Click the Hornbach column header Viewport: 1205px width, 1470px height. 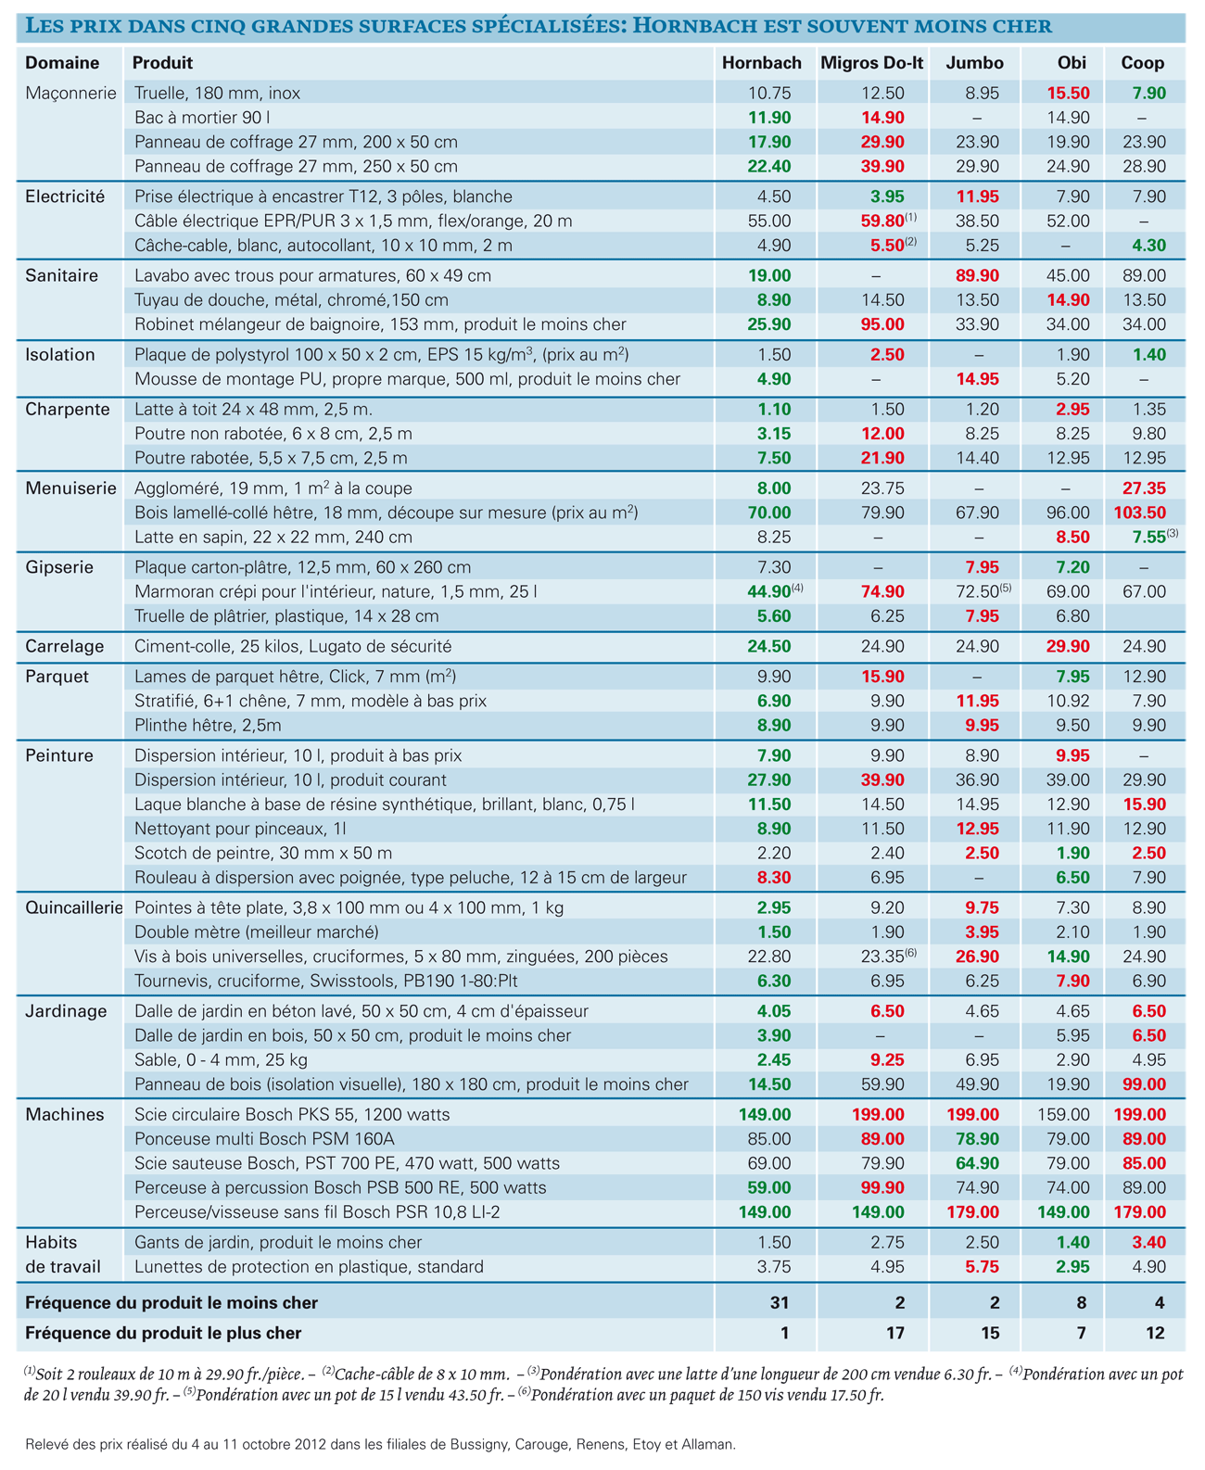click(761, 63)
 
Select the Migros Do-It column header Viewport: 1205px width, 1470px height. click(871, 63)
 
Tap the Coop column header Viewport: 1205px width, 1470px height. click(1142, 63)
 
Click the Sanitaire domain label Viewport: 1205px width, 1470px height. click(61, 275)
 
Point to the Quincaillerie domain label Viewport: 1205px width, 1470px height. click(74, 907)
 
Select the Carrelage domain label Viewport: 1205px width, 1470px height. click(64, 647)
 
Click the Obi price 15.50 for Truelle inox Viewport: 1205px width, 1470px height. click(1068, 93)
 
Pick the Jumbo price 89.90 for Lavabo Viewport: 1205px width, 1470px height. click(977, 275)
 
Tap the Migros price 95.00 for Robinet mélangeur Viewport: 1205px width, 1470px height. click(882, 324)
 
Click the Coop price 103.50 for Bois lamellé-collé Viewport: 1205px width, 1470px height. click(1139, 513)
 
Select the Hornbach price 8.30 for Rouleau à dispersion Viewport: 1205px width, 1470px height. click(774, 878)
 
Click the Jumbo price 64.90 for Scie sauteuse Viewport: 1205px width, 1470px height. click(977, 1163)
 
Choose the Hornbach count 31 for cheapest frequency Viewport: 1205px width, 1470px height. click(780, 1303)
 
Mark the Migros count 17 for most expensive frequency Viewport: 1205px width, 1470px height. click(894, 1334)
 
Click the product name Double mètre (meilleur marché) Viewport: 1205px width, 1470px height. click(257, 932)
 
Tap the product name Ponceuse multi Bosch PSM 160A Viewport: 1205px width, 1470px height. click(264, 1139)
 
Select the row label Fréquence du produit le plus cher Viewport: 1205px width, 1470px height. click(163, 1334)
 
